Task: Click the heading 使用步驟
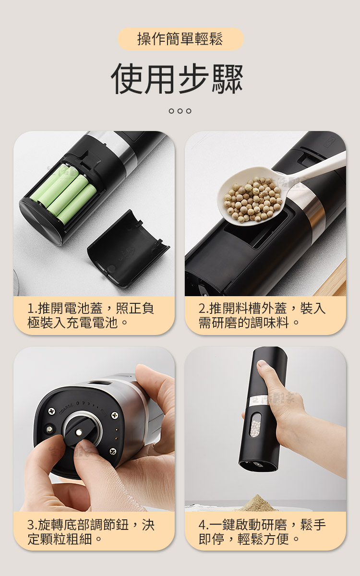pos(177,79)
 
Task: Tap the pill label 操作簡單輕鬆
pos(180,39)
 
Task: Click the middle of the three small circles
pos(180,111)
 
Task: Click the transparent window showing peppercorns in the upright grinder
pos(255,424)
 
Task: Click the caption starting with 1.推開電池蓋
pos(91,315)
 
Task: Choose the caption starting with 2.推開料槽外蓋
pos(262,315)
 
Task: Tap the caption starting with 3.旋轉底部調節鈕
pos(91,531)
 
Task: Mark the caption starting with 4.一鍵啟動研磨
pos(262,531)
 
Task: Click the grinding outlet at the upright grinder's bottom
pos(258,466)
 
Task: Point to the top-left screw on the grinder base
pos(52,411)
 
